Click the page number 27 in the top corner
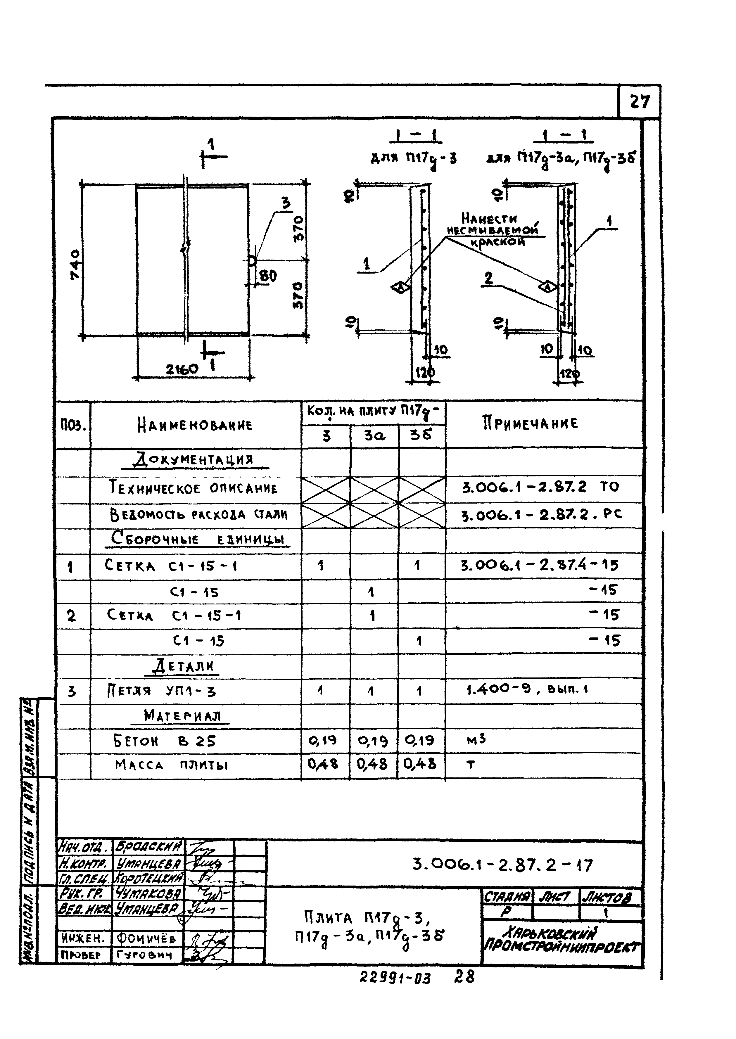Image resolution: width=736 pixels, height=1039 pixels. click(x=640, y=101)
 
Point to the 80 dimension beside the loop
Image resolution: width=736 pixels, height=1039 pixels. click(x=269, y=276)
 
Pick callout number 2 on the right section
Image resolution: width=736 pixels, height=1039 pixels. click(x=488, y=277)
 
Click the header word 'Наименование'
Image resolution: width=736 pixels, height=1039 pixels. click(x=195, y=425)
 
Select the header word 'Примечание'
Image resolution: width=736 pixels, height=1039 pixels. click(x=530, y=423)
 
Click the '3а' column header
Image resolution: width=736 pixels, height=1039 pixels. click(x=374, y=436)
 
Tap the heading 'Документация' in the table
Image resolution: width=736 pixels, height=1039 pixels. click(x=196, y=461)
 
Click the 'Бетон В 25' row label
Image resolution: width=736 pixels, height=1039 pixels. click(x=165, y=741)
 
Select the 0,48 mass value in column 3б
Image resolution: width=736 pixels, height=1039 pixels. click(x=420, y=764)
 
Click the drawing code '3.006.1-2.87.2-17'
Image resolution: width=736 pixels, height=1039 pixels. click(x=502, y=865)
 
